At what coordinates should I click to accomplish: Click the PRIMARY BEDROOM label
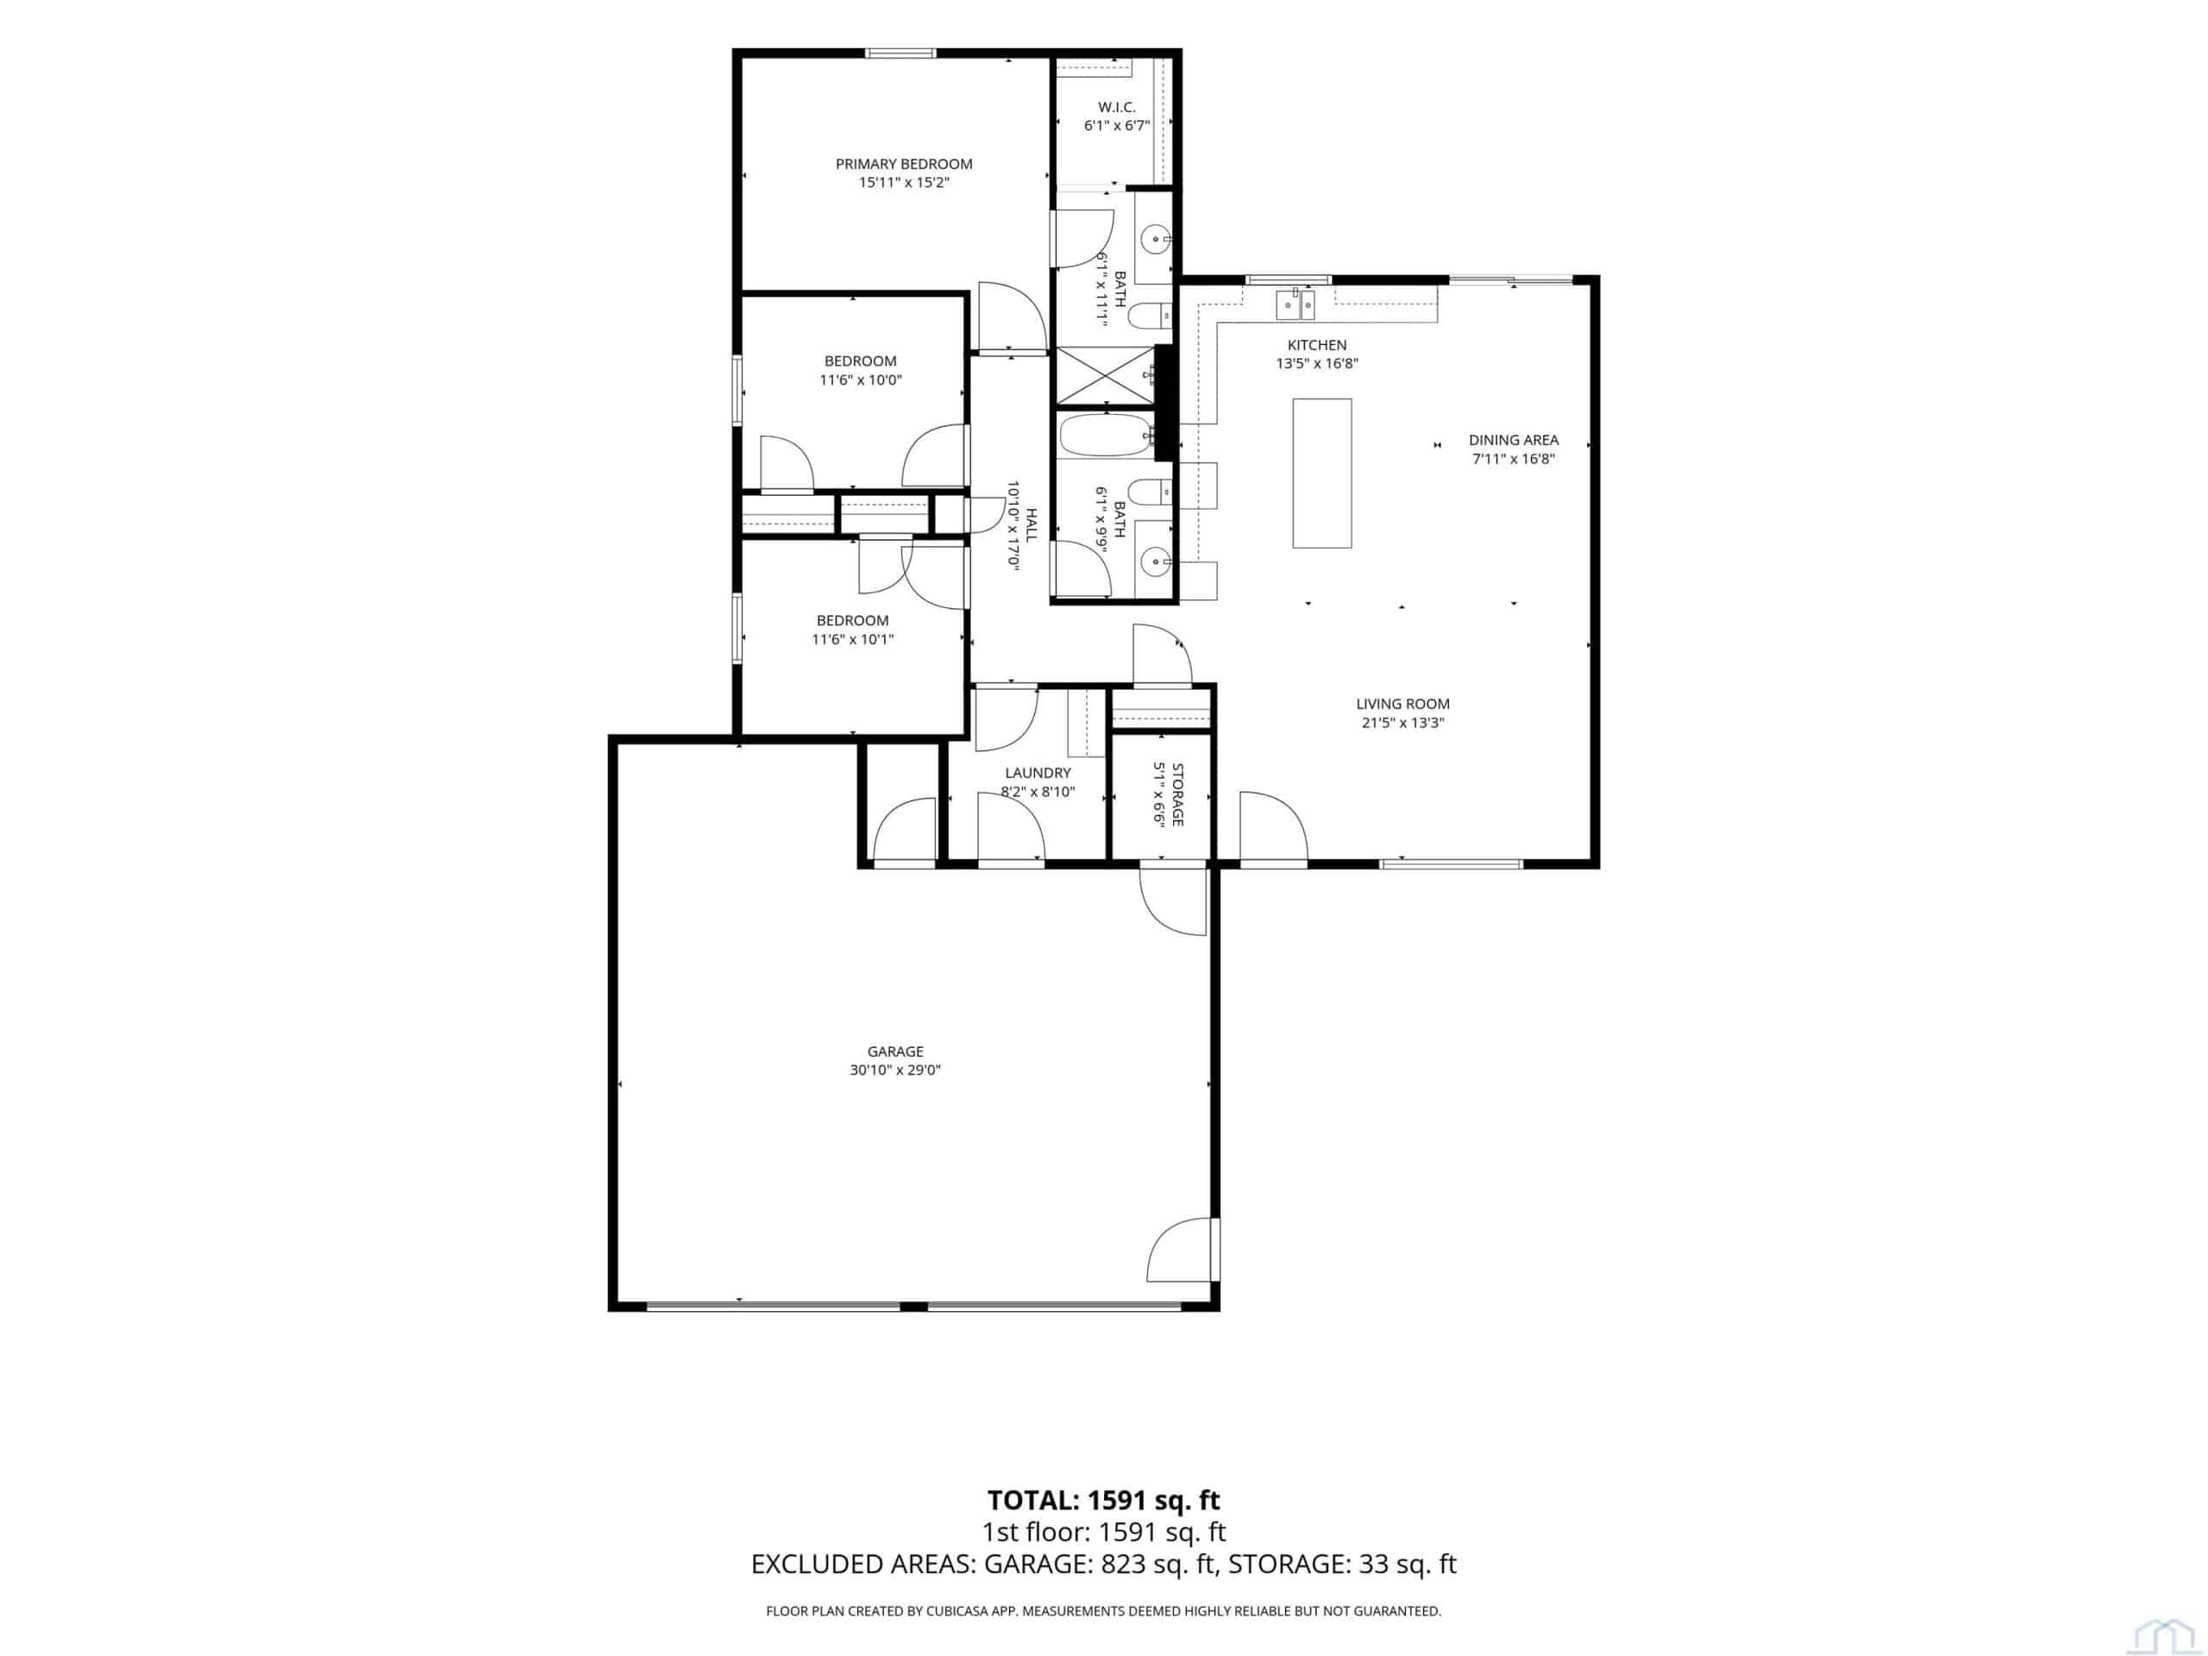point(903,164)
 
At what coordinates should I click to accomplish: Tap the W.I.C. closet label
point(1117,107)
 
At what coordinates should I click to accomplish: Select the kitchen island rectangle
point(1321,474)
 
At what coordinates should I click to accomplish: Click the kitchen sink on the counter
point(1295,304)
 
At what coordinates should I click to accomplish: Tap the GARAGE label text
point(894,1051)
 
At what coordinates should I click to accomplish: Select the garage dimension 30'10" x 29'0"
point(894,1070)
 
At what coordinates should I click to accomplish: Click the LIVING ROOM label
point(1402,704)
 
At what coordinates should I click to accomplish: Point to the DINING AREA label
point(1514,440)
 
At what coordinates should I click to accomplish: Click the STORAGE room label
point(1178,794)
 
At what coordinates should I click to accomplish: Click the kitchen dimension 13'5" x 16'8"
point(1317,364)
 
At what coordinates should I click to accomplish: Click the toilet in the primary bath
point(1151,317)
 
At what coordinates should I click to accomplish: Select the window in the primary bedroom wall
point(900,53)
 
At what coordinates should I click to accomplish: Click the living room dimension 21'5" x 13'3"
point(1402,723)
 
